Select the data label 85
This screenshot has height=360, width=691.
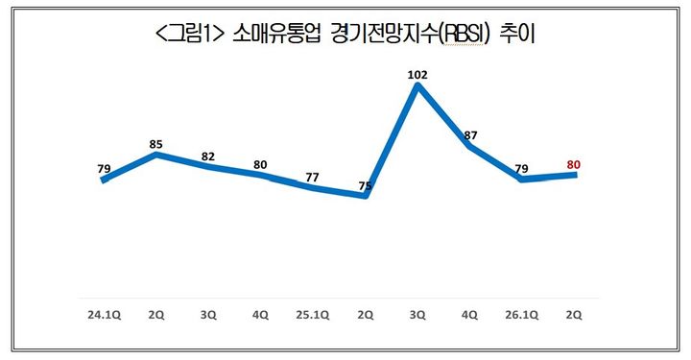click(x=155, y=144)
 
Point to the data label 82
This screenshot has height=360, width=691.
click(x=208, y=156)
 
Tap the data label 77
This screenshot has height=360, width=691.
click(x=313, y=177)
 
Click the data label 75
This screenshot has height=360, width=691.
click(x=366, y=184)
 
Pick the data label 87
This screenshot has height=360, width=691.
click(x=470, y=135)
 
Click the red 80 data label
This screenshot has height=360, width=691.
click(x=574, y=165)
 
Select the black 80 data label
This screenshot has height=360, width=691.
click(x=260, y=164)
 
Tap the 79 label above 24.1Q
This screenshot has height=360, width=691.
click(x=104, y=169)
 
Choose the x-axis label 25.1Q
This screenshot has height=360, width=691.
click(x=313, y=313)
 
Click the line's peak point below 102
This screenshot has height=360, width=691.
click(x=417, y=86)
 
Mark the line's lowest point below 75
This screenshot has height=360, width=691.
click(x=366, y=196)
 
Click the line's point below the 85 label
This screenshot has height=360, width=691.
click(x=155, y=155)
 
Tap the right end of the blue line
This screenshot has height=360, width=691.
click(x=576, y=174)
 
